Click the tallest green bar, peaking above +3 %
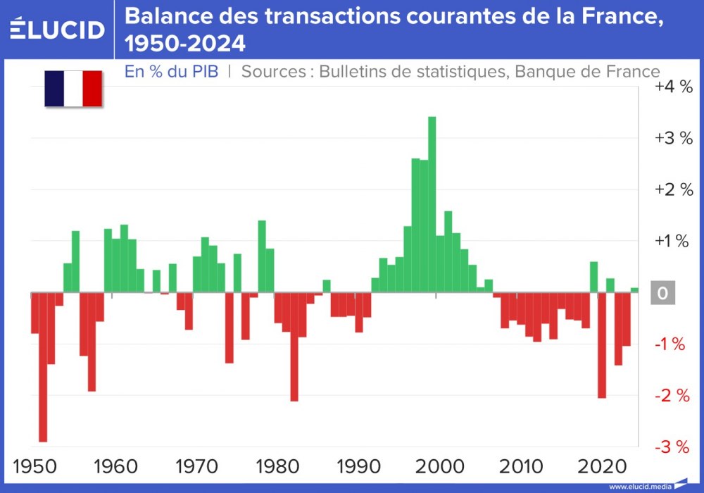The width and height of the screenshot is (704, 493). [432, 204]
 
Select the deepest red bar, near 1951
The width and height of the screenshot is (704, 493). [43, 366]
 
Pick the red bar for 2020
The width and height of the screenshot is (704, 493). [602, 345]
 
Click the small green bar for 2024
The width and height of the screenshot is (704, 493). [634, 290]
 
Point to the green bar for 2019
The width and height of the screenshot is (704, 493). [593, 277]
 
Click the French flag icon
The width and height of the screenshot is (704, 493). [73, 89]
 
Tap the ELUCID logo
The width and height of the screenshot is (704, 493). [58, 29]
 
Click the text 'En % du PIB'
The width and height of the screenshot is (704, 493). [171, 71]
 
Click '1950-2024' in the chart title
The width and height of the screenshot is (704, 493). [185, 44]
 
